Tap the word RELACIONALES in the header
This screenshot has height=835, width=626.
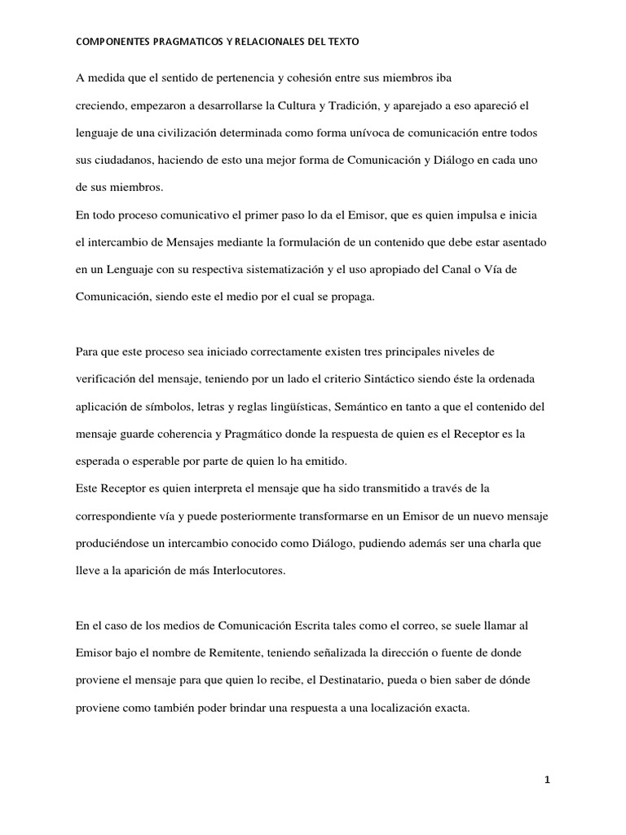275,40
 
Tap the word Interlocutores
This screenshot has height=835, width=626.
245,571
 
